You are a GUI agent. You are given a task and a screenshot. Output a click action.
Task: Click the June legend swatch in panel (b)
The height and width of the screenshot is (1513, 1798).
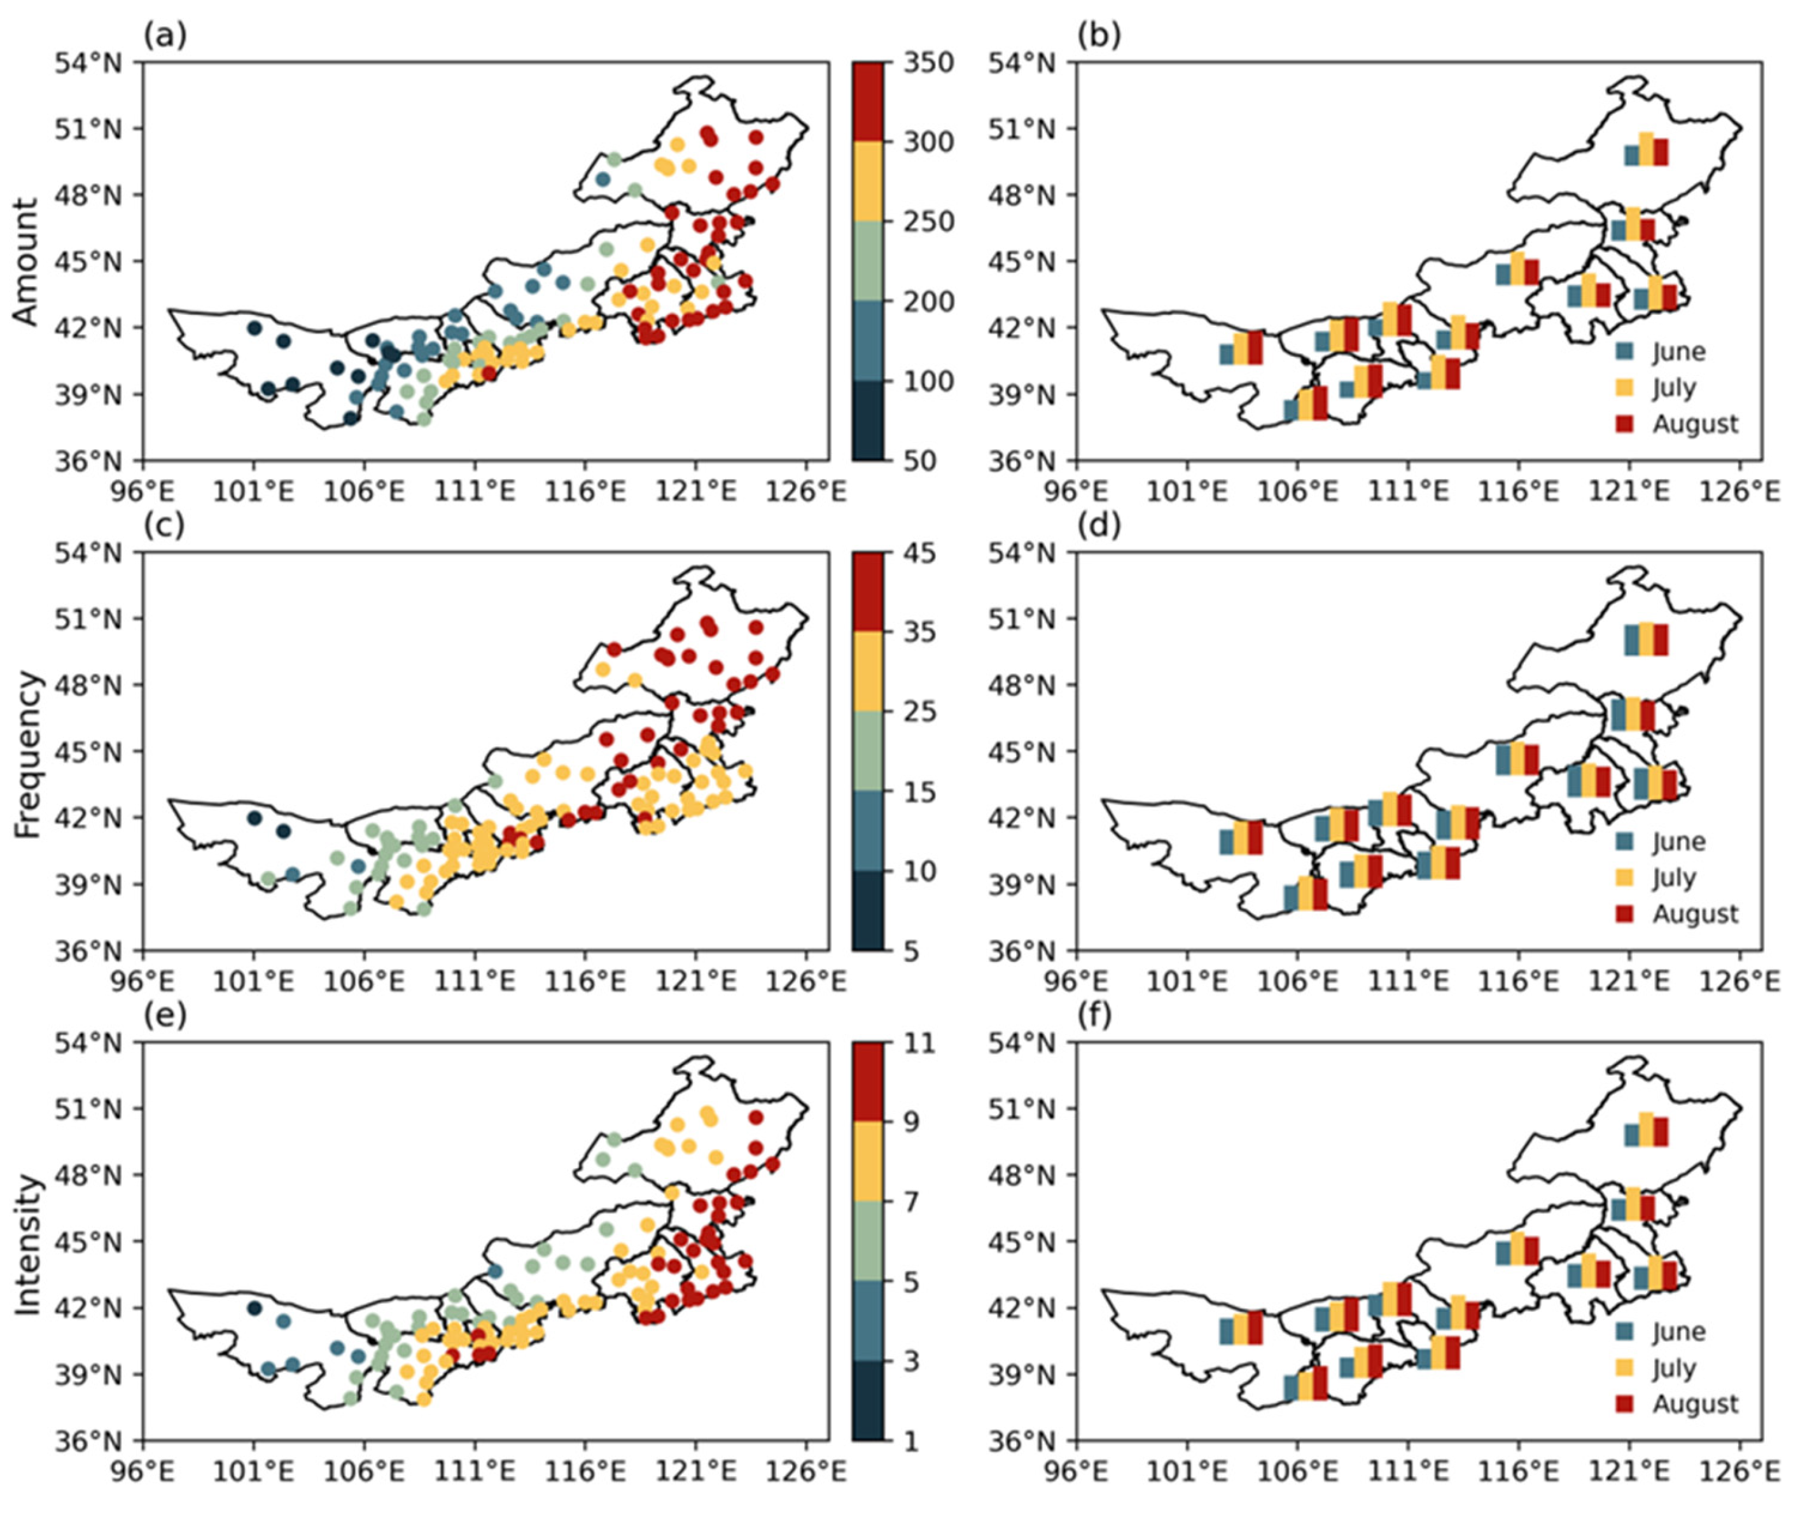tap(1624, 352)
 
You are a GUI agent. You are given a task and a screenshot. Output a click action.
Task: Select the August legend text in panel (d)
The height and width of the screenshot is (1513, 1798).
tap(1695, 914)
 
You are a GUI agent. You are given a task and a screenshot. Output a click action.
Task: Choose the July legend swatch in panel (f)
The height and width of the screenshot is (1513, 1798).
tap(1624, 1368)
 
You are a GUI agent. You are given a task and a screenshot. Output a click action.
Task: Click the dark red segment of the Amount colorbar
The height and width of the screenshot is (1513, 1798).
tap(867, 101)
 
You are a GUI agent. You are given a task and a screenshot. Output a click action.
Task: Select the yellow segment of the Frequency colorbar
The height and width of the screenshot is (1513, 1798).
tap(867, 672)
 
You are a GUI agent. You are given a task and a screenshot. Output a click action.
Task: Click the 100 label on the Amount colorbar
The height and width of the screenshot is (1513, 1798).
tap(928, 382)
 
